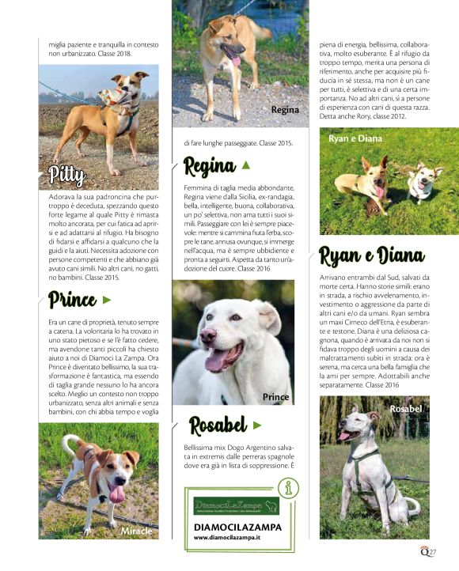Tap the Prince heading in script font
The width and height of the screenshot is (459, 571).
72,300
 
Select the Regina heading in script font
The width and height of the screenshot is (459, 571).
210,165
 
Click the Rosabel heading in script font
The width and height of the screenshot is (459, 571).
218,425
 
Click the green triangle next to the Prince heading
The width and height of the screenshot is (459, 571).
107,300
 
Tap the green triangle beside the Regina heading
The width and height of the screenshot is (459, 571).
245,165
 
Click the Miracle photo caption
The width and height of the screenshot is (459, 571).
136,531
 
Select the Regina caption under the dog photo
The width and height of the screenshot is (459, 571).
285,110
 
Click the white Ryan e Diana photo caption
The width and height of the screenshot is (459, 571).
355,138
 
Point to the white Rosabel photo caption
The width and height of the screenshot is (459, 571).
406,408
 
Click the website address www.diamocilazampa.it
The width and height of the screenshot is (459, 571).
229,537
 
